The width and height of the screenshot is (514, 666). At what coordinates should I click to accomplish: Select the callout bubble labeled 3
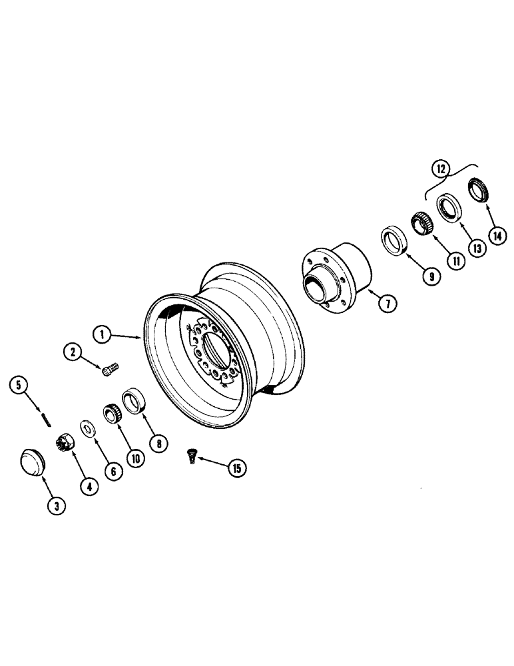coord(57,506)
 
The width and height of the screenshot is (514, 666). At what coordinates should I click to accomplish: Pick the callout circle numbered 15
coord(236,468)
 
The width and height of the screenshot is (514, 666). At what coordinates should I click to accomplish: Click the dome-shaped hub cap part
coord(31,461)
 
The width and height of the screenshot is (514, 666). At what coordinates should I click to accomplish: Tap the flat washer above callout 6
coord(87,426)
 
